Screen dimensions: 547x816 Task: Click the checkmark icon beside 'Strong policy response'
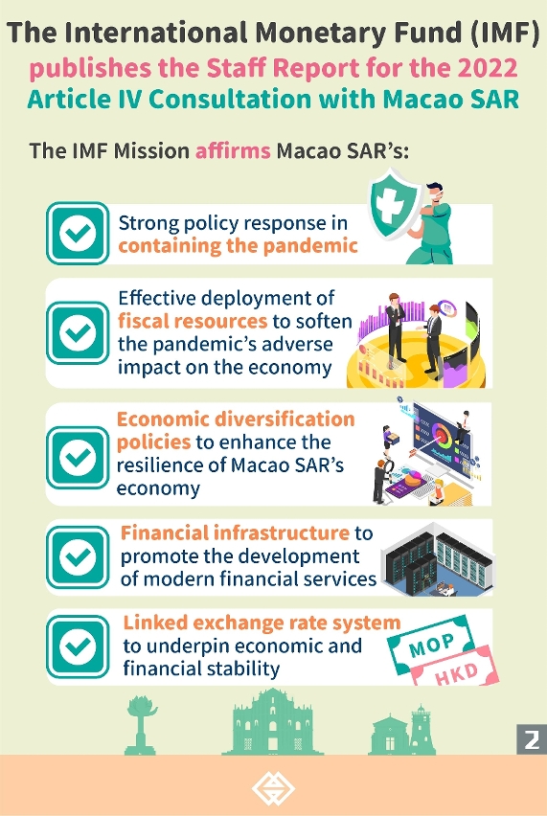(78, 234)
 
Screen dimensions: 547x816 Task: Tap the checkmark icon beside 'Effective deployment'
(78, 333)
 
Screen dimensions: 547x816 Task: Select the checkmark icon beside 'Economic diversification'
(78, 458)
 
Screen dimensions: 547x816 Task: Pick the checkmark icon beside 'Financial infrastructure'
(78, 556)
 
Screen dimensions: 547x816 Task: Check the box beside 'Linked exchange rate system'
(78, 646)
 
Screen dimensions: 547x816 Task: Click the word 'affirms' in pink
(233, 151)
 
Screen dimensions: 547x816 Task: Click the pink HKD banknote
(456, 669)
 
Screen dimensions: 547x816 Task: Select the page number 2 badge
(532, 739)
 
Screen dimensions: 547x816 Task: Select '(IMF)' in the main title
(504, 34)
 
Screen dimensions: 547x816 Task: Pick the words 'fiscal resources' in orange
(192, 321)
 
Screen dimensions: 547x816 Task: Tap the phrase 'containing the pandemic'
(238, 245)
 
